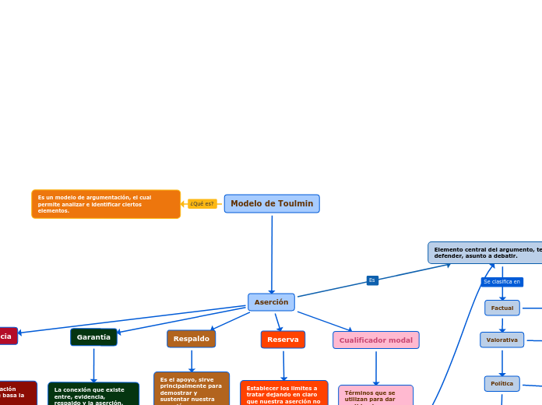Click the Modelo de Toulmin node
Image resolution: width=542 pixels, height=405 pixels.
(x=272, y=204)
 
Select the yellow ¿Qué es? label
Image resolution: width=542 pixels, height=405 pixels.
(x=202, y=204)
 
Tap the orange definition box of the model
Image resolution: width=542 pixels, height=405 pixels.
(x=106, y=204)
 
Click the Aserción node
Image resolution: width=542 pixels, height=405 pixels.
(x=271, y=302)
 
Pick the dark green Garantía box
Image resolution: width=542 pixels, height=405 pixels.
(x=93, y=337)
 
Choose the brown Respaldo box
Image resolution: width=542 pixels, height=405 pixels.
(x=191, y=339)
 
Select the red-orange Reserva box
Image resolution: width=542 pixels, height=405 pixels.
(x=283, y=340)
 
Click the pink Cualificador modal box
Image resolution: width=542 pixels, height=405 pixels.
(x=375, y=340)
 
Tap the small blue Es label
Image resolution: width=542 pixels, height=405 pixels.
(x=372, y=280)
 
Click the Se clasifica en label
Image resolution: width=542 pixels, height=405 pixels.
(x=502, y=282)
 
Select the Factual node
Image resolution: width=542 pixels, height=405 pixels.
(x=502, y=308)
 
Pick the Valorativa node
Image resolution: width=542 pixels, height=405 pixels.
(x=502, y=340)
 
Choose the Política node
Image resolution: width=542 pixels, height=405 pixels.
(x=502, y=383)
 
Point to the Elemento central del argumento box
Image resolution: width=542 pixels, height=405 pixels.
(x=485, y=252)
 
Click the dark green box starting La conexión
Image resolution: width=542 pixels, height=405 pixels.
(x=93, y=394)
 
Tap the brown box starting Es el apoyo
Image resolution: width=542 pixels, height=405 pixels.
(x=192, y=389)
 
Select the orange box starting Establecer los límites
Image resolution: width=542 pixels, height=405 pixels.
(x=283, y=393)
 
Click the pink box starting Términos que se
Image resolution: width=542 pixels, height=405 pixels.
(x=375, y=396)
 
